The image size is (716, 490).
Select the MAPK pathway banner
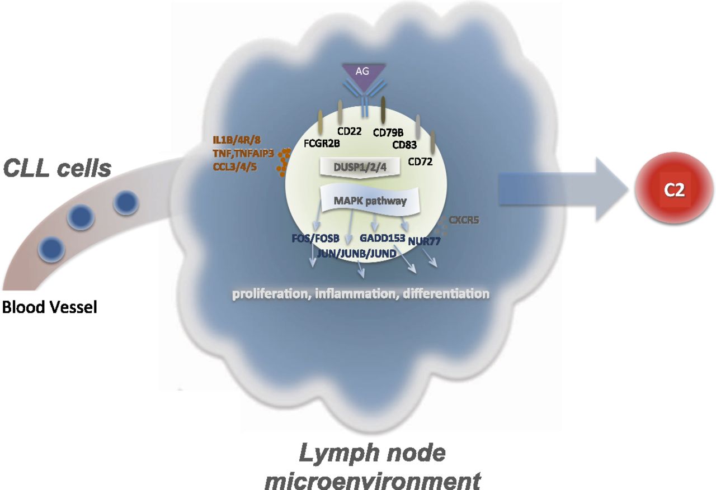tap(370, 201)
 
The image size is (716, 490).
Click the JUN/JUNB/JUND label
tap(357, 253)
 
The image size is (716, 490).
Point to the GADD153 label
tap(383, 237)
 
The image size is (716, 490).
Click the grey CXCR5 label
tap(463, 220)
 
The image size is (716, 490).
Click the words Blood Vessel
tap(49, 307)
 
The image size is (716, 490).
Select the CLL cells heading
tap(57, 168)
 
